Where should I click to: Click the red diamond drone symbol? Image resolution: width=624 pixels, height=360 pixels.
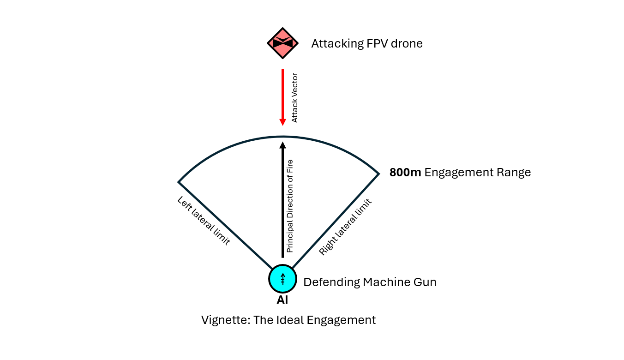[x=282, y=43]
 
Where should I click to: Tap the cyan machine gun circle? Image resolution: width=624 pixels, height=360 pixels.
[x=282, y=279]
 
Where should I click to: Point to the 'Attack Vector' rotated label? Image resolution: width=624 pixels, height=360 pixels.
[x=295, y=98]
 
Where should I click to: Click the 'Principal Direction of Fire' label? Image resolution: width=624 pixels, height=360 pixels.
[x=290, y=206]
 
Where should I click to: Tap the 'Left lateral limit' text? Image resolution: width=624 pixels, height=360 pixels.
[x=204, y=221]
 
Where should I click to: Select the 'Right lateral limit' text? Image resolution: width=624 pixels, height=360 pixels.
[x=346, y=227]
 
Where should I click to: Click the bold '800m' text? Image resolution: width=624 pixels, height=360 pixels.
[x=405, y=173]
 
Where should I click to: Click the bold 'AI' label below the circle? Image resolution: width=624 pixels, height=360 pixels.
[x=282, y=300]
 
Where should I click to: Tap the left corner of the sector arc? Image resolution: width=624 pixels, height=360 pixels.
[x=179, y=182]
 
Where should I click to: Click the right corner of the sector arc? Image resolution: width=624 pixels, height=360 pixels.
[x=379, y=174]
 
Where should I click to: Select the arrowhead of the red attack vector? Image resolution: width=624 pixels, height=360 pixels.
[x=282, y=121]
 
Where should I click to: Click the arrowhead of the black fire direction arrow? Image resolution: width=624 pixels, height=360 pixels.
[x=282, y=145]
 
